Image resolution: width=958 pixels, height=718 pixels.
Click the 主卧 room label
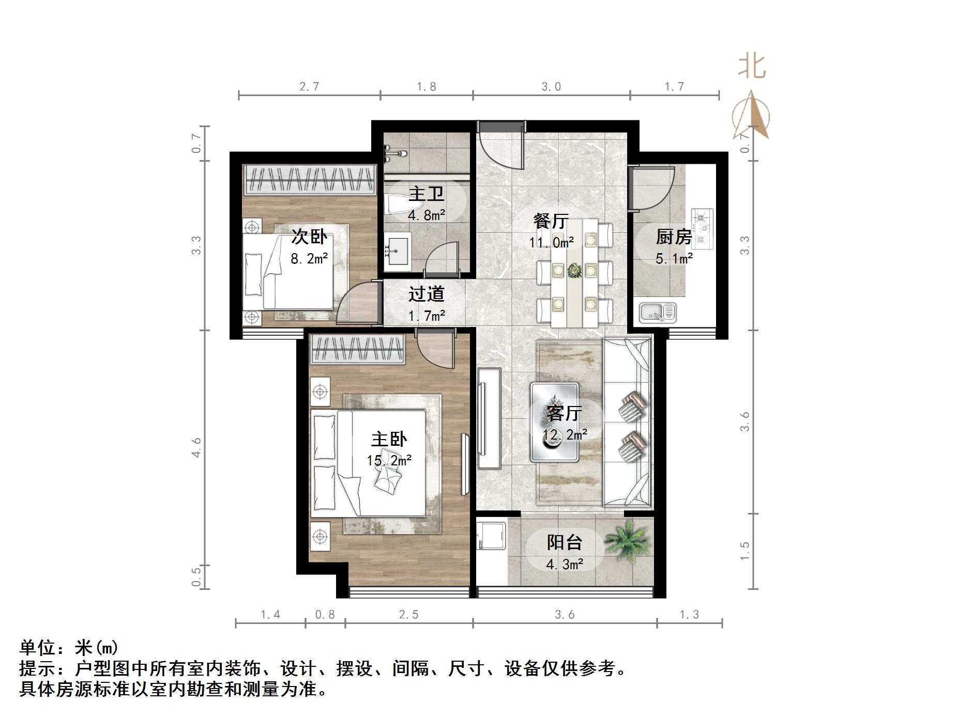[389, 439]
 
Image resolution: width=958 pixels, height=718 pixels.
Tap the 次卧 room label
[309, 237]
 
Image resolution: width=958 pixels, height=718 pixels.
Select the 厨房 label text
[674, 237]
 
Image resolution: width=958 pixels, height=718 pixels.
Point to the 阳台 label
[565, 542]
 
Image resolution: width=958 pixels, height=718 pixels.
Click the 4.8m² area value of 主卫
[427, 215]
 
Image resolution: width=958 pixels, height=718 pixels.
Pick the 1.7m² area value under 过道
[427, 315]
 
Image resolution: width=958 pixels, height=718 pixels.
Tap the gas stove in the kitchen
[702, 228]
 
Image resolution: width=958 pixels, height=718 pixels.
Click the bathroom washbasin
[397, 252]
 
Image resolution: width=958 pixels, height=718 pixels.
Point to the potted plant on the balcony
[627, 540]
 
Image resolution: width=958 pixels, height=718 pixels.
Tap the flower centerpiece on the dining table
[573, 270]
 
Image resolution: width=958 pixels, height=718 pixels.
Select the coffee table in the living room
[555, 422]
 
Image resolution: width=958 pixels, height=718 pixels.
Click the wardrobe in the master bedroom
[357, 349]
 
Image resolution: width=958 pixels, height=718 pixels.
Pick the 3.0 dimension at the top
[551, 87]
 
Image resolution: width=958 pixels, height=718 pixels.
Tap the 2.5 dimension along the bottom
[408, 615]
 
